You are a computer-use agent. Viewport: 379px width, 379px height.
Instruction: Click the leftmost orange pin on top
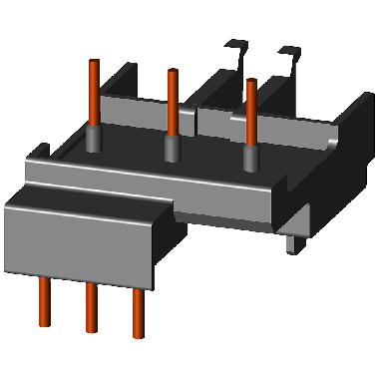coord(94,95)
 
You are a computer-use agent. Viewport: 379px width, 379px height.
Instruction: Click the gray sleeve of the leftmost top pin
coord(94,141)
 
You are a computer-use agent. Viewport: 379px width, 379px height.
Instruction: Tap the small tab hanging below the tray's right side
coord(292,239)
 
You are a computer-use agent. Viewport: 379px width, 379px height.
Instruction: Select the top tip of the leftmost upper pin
coord(94,63)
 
